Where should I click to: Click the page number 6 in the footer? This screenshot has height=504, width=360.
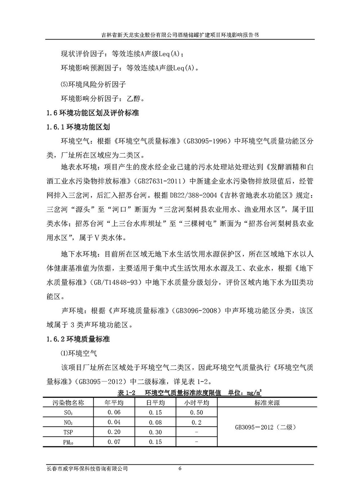click(x=180, y=469)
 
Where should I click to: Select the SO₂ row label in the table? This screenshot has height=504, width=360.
click(x=68, y=413)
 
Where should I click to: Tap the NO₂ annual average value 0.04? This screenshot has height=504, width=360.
click(x=114, y=422)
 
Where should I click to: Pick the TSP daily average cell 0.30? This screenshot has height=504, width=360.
click(x=155, y=432)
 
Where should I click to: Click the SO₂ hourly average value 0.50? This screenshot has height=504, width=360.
click(x=196, y=413)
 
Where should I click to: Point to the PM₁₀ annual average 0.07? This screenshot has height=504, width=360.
click(x=114, y=442)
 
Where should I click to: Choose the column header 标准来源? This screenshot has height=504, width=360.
click(x=267, y=403)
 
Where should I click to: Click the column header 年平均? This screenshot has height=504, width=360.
click(x=114, y=403)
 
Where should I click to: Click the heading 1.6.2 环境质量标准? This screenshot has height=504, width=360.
click(x=78, y=339)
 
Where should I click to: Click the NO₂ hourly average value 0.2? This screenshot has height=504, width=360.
click(x=196, y=422)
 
